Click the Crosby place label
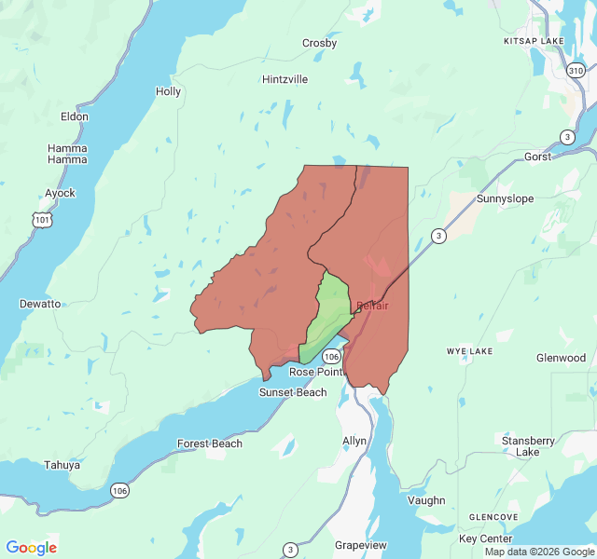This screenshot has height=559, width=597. coord(319,43)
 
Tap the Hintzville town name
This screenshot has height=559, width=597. coord(285,79)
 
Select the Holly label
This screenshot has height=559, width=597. coord(168,91)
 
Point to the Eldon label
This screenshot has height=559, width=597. coord(74,116)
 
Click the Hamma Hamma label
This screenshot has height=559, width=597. coord(67,154)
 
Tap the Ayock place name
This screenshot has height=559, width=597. coord(60,193)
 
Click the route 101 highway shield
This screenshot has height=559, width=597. coord(40,219)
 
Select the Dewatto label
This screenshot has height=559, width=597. coord(40,304)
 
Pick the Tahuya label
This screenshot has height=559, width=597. coord(62,465)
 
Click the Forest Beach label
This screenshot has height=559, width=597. coord(210,443)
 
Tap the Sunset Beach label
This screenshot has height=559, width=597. coord(292,392)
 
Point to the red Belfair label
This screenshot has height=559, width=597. coord(372,306)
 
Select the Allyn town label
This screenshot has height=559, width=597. coord(354,440)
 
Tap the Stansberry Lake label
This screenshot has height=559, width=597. coord(528,445)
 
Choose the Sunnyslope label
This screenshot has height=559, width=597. coord(505,198)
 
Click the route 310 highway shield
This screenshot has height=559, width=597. coord(576,71)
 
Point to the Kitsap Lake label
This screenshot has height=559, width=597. coord(534,42)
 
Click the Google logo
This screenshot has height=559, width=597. coord(31,548)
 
